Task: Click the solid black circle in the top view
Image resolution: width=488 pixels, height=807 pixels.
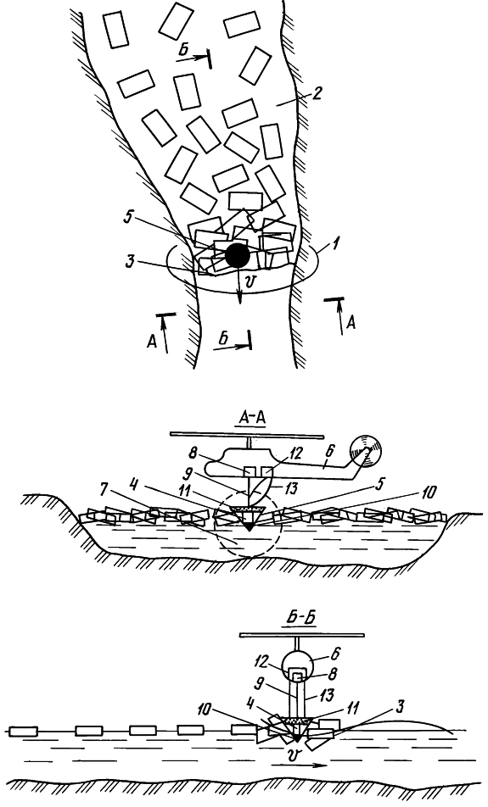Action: (238, 255)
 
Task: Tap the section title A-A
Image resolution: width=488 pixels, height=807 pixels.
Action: (252, 420)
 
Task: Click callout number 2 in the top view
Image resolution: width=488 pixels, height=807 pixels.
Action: (317, 93)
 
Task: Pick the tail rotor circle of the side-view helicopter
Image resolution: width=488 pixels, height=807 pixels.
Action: (365, 451)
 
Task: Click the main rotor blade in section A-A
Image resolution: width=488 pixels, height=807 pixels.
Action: (248, 436)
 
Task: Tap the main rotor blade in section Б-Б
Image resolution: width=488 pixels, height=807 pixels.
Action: (301, 636)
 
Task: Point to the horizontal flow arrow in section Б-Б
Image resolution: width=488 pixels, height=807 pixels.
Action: (298, 765)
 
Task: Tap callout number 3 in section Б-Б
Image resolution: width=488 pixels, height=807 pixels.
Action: (397, 708)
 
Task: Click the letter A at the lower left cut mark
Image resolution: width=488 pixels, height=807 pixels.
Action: (152, 342)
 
